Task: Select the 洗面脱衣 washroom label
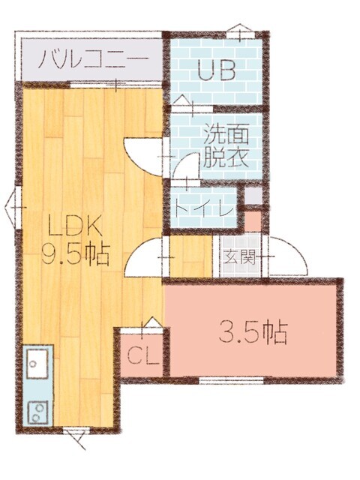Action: pos(224,147)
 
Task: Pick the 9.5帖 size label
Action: pos(75,256)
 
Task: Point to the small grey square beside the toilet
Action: pos(253,196)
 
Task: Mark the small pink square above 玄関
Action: pos(253,221)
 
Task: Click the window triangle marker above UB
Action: pos(238,32)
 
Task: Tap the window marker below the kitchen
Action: pos(73,436)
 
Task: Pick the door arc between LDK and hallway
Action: pos(146,258)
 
